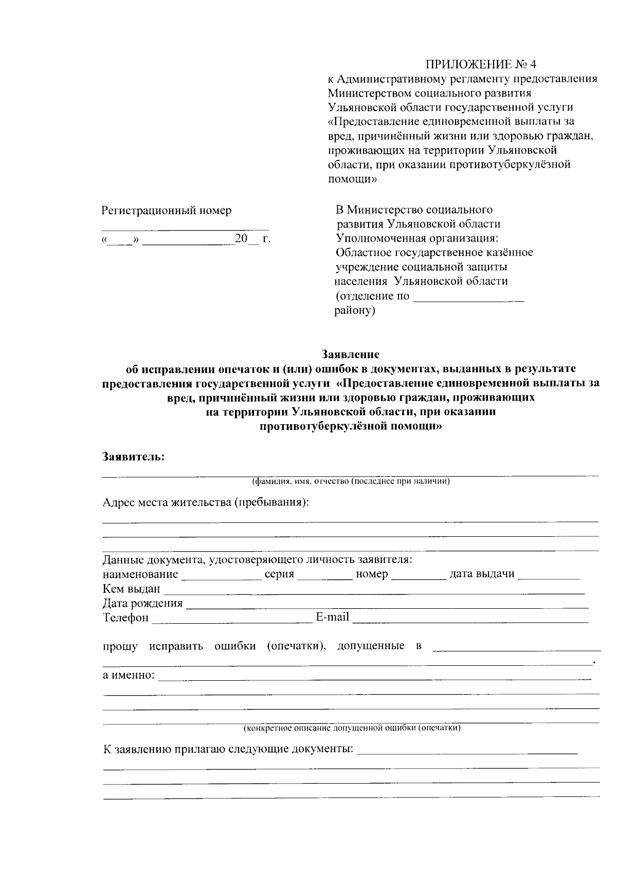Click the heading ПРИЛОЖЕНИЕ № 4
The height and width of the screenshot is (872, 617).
point(480,64)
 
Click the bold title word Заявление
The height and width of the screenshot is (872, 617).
point(350,354)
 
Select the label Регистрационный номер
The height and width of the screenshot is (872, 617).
point(167,210)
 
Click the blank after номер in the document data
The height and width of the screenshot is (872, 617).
point(419,576)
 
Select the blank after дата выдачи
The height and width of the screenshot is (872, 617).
point(548,576)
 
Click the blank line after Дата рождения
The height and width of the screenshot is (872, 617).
point(386,605)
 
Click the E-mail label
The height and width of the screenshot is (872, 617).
point(332,617)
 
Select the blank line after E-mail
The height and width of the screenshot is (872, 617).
point(470,619)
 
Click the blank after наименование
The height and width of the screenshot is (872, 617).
point(221,576)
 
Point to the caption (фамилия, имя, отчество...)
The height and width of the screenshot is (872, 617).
point(351,482)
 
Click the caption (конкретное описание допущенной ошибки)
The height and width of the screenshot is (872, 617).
point(352,728)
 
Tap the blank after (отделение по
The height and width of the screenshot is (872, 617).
point(468,298)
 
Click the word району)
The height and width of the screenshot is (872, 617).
point(355,311)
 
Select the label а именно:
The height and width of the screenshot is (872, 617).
point(129,675)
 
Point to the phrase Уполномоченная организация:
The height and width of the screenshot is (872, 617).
point(417,239)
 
